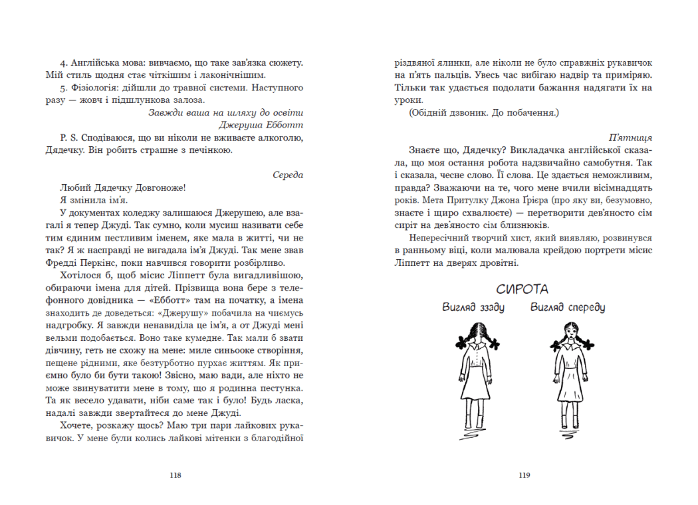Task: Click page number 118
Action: (x=175, y=475)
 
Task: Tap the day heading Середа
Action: (x=288, y=175)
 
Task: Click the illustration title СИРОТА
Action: (x=523, y=289)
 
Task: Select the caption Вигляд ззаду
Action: (x=474, y=308)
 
